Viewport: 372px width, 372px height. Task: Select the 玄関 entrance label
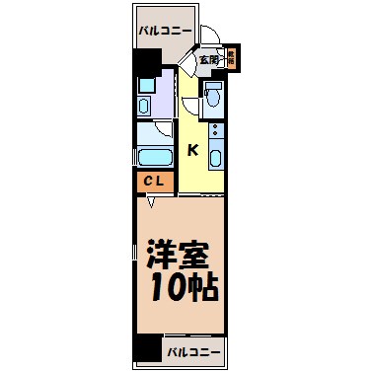coord(208,60)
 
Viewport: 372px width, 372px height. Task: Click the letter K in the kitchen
coord(193,150)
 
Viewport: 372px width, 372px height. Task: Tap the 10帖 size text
coord(184,289)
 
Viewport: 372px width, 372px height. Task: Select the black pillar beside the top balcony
coord(147,65)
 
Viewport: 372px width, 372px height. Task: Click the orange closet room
coord(154,182)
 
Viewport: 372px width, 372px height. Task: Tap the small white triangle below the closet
coord(151,203)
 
